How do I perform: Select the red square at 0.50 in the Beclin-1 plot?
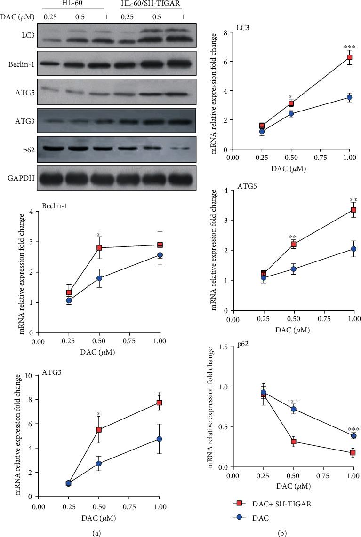[99, 248]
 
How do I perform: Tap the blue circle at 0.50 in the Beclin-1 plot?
[99, 278]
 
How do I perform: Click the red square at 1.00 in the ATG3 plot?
[160, 403]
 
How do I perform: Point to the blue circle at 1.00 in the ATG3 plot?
[160, 439]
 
